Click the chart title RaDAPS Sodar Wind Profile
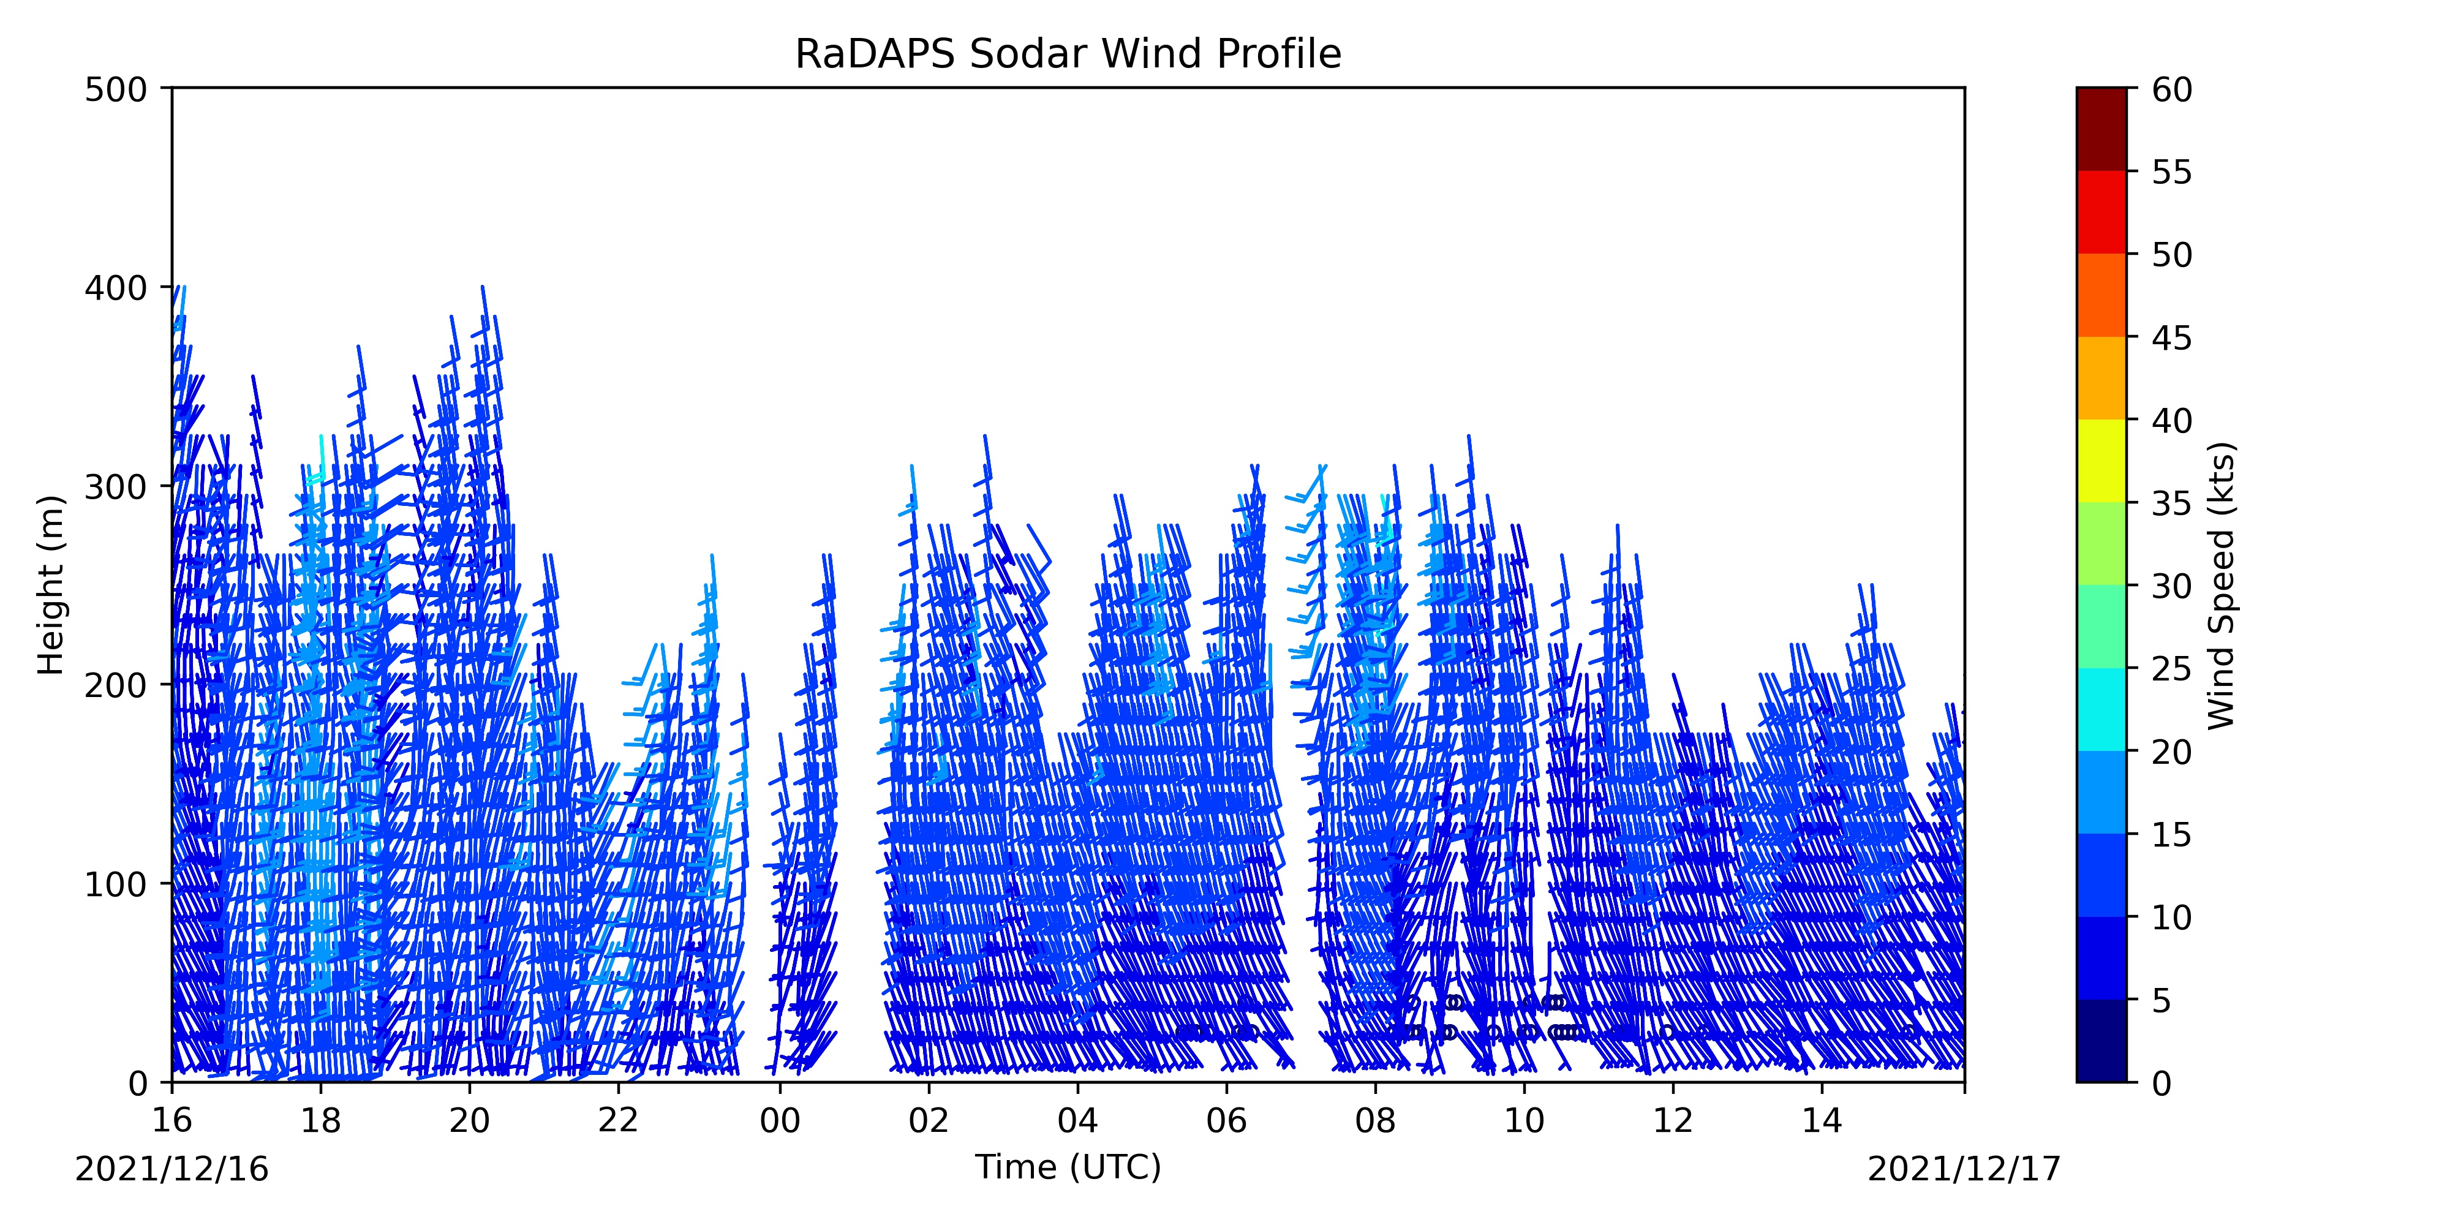tap(1068, 55)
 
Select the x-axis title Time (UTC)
tap(1068, 1167)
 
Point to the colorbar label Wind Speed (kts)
tap(2222, 585)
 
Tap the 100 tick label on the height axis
tap(115, 884)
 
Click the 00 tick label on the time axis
tap(780, 1121)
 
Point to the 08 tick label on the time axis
tap(1375, 1121)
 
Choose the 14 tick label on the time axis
tap(1822, 1121)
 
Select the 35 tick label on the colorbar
tap(2173, 503)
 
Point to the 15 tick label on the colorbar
tap(2173, 835)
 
